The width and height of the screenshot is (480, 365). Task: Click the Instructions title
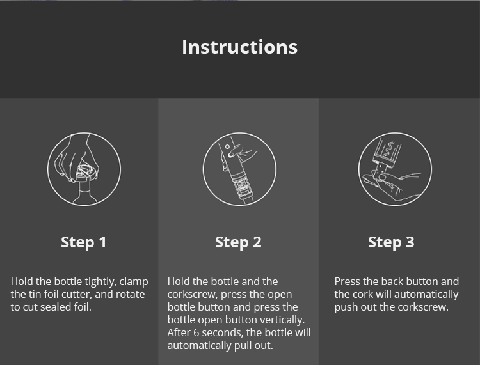[239, 47]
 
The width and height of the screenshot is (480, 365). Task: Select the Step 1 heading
[83, 242]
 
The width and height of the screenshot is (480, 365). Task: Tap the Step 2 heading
[238, 242]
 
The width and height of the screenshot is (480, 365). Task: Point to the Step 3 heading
[391, 242]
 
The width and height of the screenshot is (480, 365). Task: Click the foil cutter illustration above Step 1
[84, 169]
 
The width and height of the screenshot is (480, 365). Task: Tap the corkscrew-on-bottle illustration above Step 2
[239, 169]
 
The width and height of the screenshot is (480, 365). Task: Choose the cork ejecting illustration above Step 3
[394, 169]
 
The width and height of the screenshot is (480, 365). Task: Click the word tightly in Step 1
[99, 282]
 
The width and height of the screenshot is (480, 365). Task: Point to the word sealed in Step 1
[69, 307]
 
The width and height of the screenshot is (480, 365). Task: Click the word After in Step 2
[179, 333]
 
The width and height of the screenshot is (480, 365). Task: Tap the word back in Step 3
[394, 282]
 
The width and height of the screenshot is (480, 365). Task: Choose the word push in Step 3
[346, 307]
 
